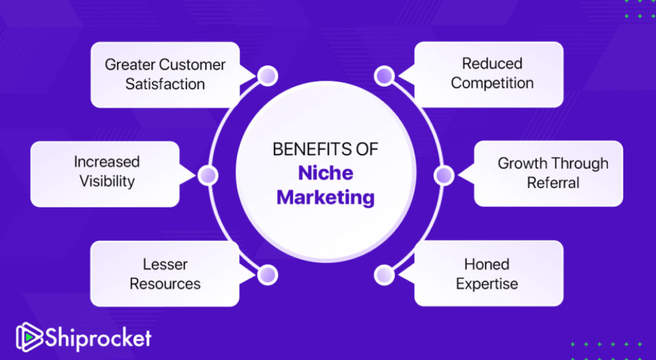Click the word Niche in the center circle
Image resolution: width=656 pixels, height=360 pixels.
click(325, 173)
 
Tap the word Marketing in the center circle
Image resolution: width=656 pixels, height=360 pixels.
click(325, 198)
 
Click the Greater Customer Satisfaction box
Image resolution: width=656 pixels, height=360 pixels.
click(165, 75)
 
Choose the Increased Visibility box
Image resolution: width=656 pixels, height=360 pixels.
click(105, 172)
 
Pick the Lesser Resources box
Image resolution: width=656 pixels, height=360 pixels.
click(165, 274)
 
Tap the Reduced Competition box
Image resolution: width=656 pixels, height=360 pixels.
click(492, 74)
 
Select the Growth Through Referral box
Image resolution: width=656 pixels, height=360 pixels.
click(552, 173)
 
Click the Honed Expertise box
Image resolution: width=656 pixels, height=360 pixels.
click(487, 274)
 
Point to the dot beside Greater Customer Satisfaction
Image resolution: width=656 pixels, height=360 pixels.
click(268, 76)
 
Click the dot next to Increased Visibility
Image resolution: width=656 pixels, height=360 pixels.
click(208, 176)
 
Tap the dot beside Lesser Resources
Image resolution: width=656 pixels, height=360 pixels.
click(268, 275)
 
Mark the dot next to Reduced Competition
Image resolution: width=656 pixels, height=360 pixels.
click(383, 76)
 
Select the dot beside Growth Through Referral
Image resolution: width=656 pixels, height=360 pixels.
click(443, 176)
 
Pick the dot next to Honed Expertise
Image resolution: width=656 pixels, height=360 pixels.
click(383, 275)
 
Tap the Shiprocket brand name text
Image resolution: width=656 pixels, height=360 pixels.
click(97, 339)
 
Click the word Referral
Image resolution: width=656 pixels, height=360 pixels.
click(553, 183)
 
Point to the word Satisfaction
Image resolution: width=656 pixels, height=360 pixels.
click(165, 84)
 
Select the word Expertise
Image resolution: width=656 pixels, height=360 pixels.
click(487, 283)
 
